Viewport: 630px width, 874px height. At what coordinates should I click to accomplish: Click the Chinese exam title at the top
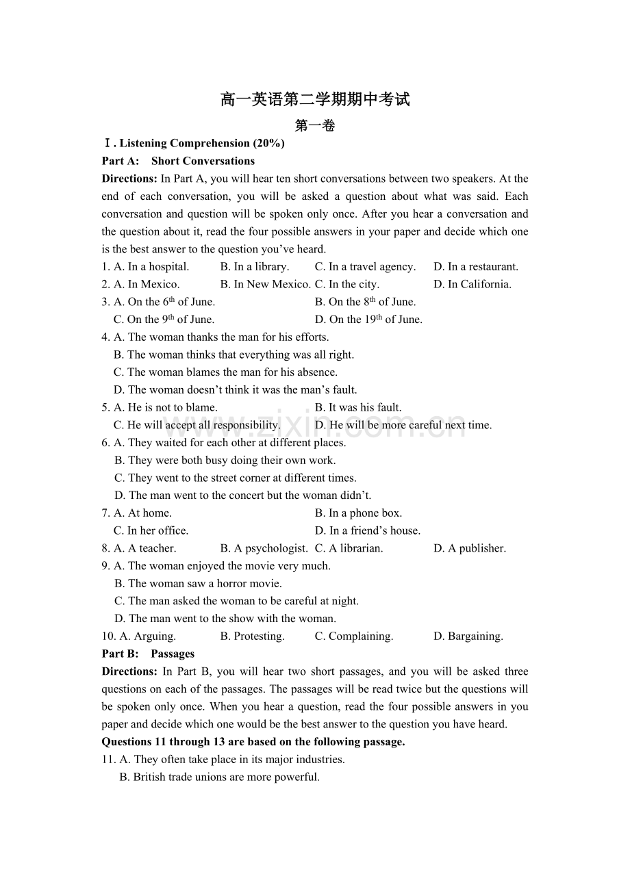tap(315, 100)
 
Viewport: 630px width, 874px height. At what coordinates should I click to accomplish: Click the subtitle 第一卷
tap(315, 126)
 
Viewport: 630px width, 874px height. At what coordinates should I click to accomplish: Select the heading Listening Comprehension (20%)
tap(194, 144)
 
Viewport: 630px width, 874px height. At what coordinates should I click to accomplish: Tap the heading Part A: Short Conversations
tap(178, 162)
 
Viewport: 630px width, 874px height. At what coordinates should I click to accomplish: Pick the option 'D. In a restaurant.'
tap(476, 267)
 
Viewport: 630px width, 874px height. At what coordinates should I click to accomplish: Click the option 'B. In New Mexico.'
tap(265, 285)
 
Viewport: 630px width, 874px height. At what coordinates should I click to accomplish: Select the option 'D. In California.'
tap(473, 285)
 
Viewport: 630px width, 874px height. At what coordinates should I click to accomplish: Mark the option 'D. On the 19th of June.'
tap(368, 320)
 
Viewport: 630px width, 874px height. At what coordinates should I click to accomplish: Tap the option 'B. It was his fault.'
tap(358, 408)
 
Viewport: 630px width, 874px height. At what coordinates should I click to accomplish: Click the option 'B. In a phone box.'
tap(358, 513)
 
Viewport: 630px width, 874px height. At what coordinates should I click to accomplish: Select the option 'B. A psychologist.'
tap(264, 548)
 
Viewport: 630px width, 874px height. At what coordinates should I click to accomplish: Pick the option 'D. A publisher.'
tap(470, 548)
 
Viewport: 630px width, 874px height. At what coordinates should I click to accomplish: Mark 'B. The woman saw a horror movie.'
tap(198, 584)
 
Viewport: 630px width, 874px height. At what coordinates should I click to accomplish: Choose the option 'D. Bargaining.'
tap(468, 637)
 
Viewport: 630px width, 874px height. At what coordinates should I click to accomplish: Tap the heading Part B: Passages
tap(148, 654)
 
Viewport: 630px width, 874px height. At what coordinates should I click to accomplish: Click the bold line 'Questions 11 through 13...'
tap(253, 742)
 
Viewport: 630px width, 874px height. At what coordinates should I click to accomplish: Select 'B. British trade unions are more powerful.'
tap(219, 777)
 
